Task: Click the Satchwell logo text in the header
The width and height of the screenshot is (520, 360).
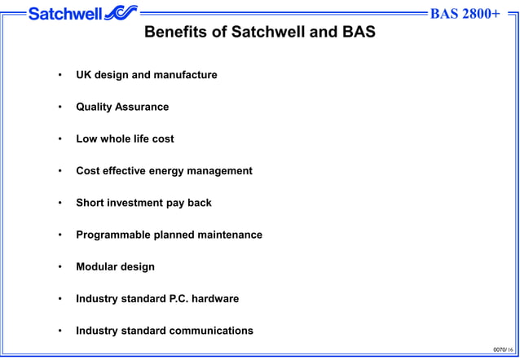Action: click(x=64, y=13)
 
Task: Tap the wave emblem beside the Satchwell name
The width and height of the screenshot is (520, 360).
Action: click(x=121, y=13)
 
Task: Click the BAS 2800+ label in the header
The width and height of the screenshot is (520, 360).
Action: click(x=464, y=14)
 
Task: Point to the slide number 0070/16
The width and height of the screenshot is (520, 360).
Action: click(x=503, y=349)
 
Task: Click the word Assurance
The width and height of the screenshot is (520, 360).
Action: click(x=143, y=107)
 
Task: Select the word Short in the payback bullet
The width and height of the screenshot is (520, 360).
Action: click(x=91, y=203)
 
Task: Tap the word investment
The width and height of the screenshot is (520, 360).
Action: click(x=135, y=203)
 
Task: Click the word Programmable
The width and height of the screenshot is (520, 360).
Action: click(x=114, y=235)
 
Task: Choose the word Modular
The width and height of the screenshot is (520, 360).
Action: click(x=97, y=266)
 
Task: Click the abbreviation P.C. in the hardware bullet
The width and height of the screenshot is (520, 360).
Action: click(x=180, y=299)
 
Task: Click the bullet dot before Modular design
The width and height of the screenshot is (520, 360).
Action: click(x=59, y=267)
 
